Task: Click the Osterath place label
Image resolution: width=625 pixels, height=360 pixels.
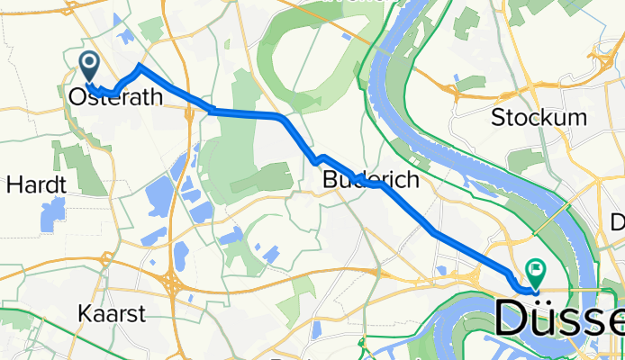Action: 114,98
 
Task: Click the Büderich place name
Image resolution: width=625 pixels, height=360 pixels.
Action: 371,180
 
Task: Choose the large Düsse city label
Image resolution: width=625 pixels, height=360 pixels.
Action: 559,319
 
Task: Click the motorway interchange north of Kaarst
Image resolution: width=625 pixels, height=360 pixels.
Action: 171,283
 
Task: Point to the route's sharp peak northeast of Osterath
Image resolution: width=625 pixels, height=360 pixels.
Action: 139,66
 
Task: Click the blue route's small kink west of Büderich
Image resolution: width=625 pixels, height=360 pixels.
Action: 318,159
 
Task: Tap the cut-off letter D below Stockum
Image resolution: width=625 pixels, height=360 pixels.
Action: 618,221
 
